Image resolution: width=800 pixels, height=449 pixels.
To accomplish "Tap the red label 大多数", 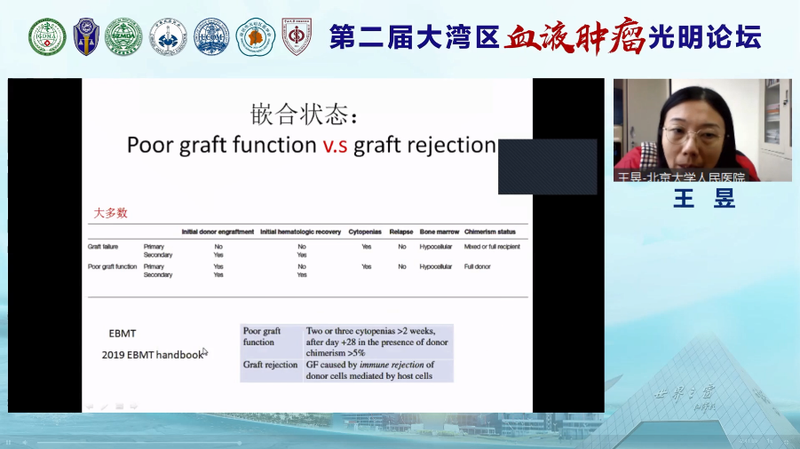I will (x=111, y=213).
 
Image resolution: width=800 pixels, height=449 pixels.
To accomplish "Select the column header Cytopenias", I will (x=366, y=232).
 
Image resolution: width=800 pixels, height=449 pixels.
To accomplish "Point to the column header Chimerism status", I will (x=490, y=232).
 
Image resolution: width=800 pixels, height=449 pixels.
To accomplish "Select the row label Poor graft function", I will (x=112, y=266).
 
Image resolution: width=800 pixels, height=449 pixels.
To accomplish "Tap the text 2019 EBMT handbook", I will (x=153, y=355).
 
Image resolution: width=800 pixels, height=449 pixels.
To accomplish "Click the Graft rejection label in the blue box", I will (x=270, y=365).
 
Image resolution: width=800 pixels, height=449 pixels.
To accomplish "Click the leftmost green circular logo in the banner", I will (x=47, y=36).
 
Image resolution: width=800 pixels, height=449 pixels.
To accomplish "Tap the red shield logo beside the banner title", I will (x=297, y=36).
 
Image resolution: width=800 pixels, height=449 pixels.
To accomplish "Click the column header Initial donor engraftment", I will (x=218, y=232).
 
